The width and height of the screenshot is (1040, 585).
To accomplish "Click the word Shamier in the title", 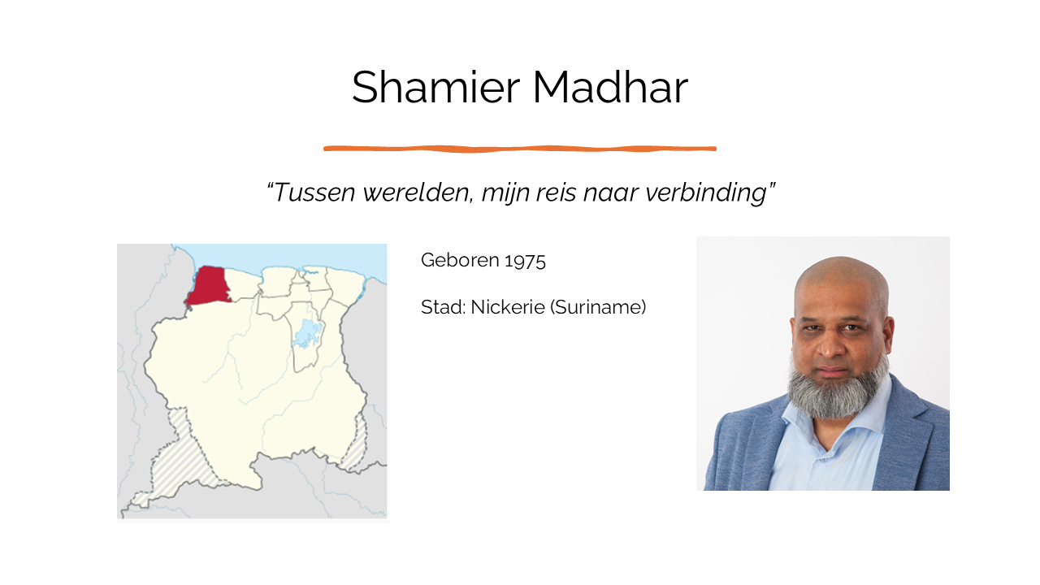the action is (435, 87).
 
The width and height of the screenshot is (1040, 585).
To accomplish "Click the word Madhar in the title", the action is (610, 87).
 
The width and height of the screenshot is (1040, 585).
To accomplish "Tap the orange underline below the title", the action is (520, 149).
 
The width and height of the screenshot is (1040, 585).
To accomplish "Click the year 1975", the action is (525, 261).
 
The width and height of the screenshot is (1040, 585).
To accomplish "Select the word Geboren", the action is (460, 260).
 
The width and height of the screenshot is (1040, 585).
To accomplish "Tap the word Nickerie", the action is (508, 307).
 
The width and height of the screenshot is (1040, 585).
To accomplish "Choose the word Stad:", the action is (443, 307).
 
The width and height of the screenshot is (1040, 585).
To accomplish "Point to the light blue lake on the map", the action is (307, 333).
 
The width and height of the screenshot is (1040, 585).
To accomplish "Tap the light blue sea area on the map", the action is (279, 255).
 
